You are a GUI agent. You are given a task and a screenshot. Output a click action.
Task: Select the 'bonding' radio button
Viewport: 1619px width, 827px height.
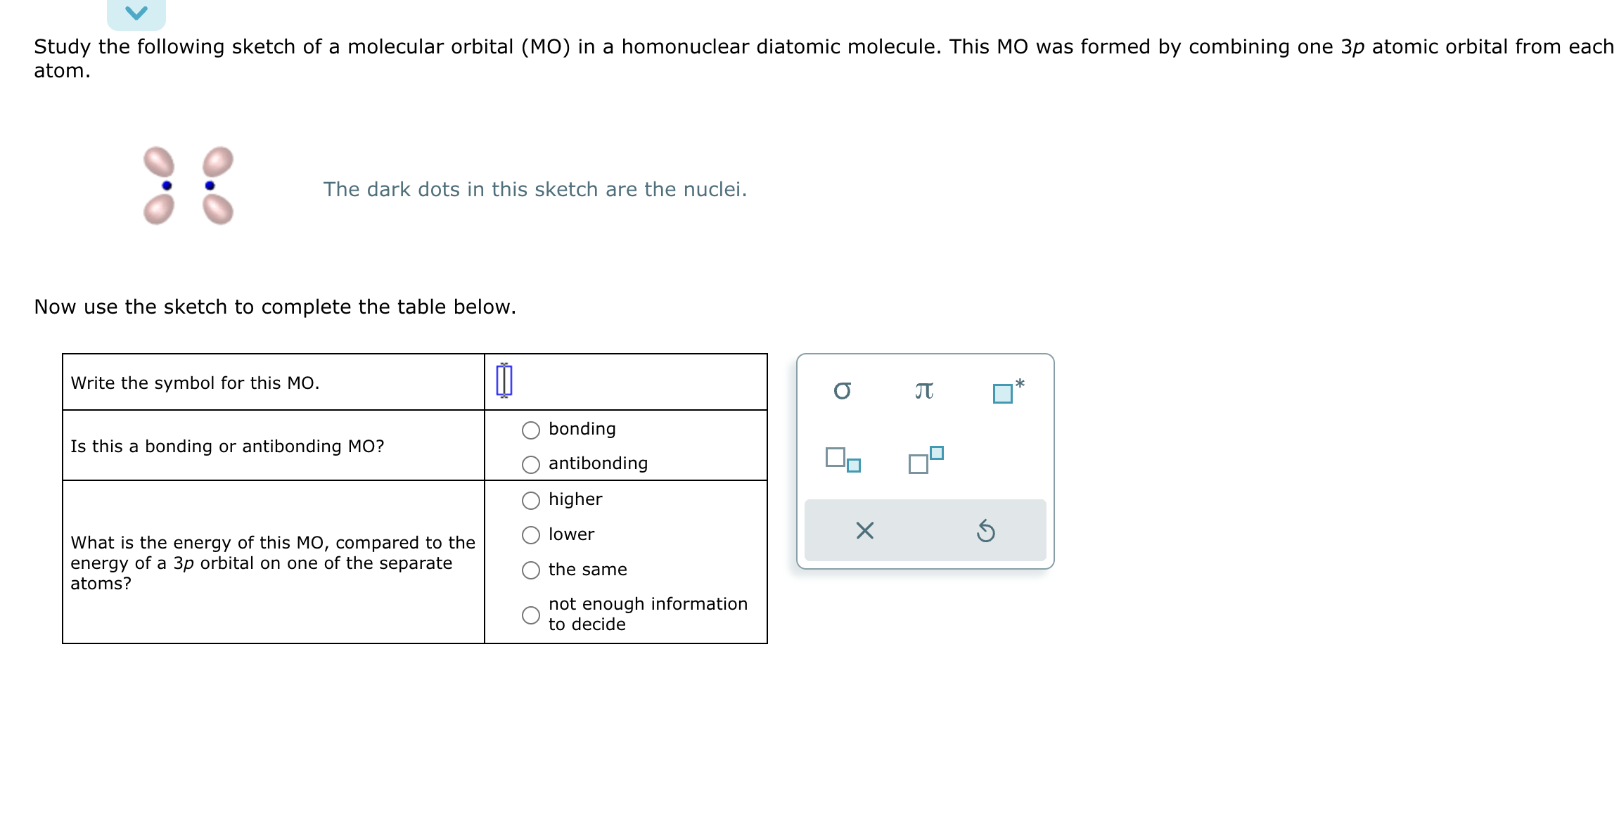pyautogui.click(x=531, y=430)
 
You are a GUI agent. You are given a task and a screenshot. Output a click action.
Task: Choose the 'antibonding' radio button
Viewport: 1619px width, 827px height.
pyautogui.click(x=531, y=464)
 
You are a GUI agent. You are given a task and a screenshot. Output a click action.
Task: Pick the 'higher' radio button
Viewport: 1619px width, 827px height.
pyautogui.click(x=531, y=500)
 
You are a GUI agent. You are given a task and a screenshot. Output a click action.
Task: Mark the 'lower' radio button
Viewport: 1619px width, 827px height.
pyautogui.click(x=531, y=535)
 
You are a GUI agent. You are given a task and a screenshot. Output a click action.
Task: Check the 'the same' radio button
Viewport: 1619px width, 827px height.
pyautogui.click(x=531, y=570)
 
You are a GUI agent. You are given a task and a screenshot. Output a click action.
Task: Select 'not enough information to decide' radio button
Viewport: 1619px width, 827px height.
pyautogui.click(x=531, y=615)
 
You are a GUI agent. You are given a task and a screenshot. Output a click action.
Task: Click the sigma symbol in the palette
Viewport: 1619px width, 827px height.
pyautogui.click(x=842, y=390)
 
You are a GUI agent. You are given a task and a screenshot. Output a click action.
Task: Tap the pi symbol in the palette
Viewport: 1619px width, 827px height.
pyautogui.click(x=924, y=390)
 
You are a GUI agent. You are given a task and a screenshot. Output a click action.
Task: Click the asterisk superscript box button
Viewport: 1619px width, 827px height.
pyautogui.click(x=1007, y=391)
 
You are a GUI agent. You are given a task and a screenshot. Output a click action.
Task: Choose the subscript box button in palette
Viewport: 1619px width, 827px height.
pyautogui.click(x=843, y=459)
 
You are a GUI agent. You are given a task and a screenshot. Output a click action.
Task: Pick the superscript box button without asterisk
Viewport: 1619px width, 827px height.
pyautogui.click(x=925, y=459)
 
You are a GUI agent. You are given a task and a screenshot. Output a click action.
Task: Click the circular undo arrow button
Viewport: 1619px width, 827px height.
pyautogui.click(x=985, y=531)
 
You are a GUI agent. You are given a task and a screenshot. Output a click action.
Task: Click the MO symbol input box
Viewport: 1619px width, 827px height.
pyautogui.click(x=504, y=380)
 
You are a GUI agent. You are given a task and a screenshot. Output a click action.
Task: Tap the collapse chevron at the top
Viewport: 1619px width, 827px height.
pyautogui.click(x=136, y=13)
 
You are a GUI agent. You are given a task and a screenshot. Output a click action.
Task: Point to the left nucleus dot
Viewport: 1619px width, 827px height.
pyautogui.click(x=167, y=186)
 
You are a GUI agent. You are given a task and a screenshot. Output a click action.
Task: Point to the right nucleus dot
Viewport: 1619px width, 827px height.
pyautogui.click(x=210, y=186)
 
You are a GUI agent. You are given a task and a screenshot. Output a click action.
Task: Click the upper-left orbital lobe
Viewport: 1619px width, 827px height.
pyautogui.click(x=159, y=162)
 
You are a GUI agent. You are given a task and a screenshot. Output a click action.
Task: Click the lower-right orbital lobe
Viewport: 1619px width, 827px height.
pyautogui.click(x=218, y=210)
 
